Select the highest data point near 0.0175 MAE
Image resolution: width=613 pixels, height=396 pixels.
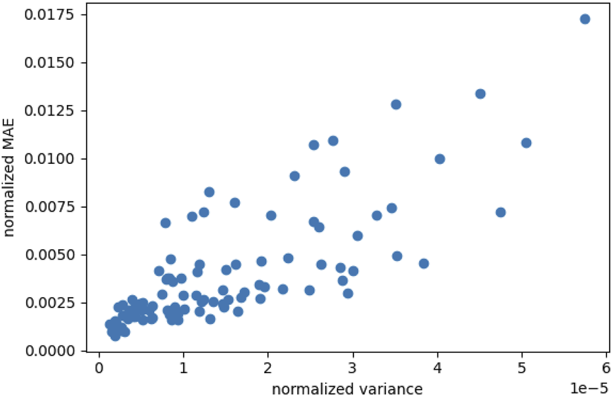[x=585, y=19]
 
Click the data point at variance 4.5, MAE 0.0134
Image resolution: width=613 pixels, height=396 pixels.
[x=480, y=94]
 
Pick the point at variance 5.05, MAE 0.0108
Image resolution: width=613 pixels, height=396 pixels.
[x=526, y=143]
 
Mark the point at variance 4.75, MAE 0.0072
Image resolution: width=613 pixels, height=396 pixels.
[x=500, y=212]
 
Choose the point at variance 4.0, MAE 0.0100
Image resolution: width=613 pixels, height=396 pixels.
[x=440, y=159]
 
